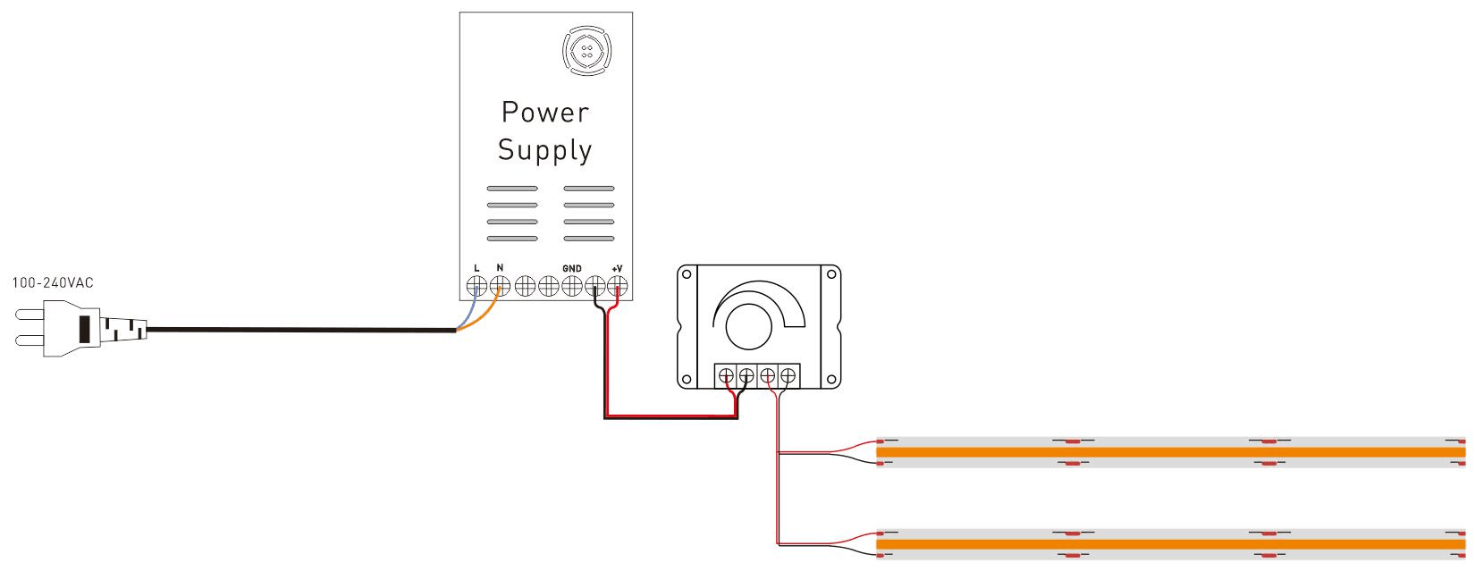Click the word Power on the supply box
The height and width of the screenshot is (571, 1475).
tap(544, 113)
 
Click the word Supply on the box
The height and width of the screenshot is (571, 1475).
tap(544, 150)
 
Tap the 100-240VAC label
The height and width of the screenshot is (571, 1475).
tap(53, 283)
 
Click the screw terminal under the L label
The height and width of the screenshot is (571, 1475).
tap(476, 287)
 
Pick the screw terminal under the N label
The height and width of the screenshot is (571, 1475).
tap(500, 287)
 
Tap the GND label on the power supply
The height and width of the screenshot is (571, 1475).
tap(572, 269)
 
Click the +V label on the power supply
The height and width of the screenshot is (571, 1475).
tap(617, 269)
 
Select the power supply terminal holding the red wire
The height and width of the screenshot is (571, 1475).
tap(618, 287)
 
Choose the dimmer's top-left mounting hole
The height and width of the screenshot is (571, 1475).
tap(688, 274)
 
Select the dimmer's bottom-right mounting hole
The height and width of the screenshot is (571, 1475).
tap(830, 378)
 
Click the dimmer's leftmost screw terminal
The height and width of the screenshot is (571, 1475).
tap(726, 376)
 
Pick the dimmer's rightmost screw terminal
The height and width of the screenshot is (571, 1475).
tap(788, 376)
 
